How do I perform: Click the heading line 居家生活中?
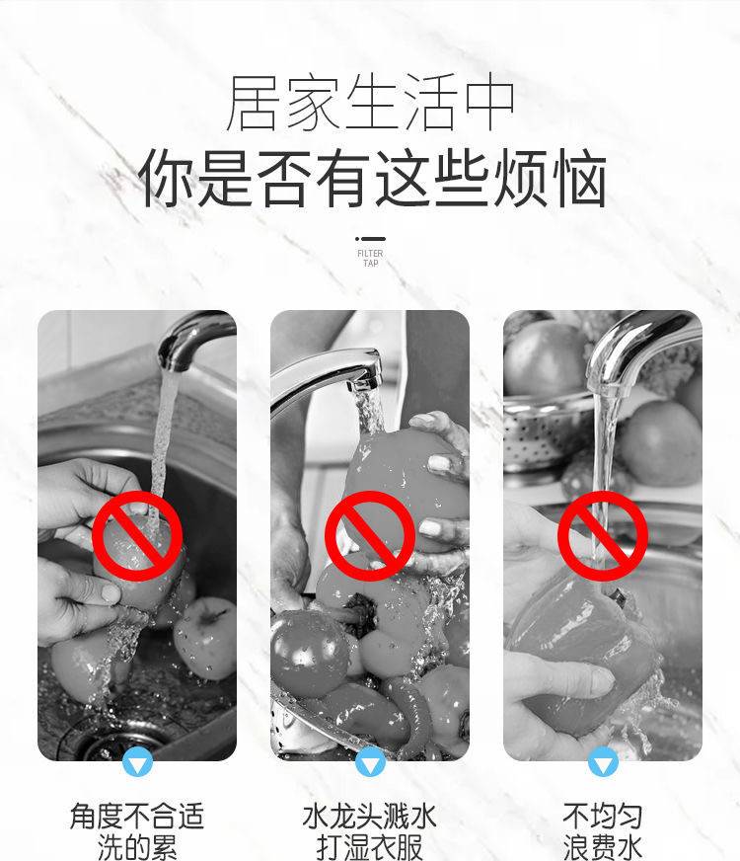coord(370,103)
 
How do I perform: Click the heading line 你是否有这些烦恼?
coord(372,179)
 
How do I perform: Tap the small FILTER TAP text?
coord(370,258)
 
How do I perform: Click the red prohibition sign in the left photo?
coord(137,536)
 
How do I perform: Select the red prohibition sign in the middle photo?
coord(370,536)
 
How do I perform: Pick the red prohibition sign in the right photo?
coord(603,536)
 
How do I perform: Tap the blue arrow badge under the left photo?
coord(137,761)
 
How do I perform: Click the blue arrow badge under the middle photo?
coord(370,761)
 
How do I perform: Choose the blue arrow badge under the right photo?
coord(603,761)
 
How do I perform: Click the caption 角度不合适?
coord(137,816)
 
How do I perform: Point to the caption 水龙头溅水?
coord(370,816)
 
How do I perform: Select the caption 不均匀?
coord(602,816)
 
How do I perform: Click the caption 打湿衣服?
coord(370,847)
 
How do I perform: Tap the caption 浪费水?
coord(602,847)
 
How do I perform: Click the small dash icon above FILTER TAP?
coord(370,239)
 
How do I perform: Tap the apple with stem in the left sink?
coord(205,637)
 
